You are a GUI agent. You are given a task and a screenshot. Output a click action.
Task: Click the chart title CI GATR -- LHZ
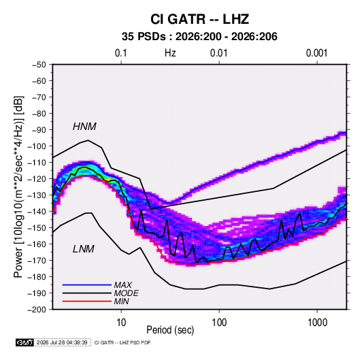click(x=200, y=19)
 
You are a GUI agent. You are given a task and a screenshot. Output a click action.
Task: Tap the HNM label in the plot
click(x=84, y=127)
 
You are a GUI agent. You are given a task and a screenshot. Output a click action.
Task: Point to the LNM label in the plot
click(x=84, y=249)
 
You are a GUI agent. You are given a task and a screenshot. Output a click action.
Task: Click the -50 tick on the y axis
click(x=39, y=65)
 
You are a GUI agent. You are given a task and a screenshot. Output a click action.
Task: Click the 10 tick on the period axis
click(x=121, y=323)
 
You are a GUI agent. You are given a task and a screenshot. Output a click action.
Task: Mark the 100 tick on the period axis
click(x=219, y=323)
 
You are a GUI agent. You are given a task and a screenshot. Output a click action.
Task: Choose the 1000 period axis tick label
click(x=317, y=323)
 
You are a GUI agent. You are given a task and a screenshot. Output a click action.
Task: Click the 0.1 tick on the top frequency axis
click(x=121, y=53)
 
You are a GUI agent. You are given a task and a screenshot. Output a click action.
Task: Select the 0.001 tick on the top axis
click(x=316, y=53)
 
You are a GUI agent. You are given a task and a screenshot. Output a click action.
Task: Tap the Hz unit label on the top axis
click(x=170, y=53)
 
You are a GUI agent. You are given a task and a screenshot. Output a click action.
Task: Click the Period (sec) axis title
click(x=170, y=330)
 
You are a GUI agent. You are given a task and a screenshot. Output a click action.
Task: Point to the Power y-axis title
click(x=18, y=187)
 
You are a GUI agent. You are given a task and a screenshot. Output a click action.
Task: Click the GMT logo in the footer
click(x=25, y=342)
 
